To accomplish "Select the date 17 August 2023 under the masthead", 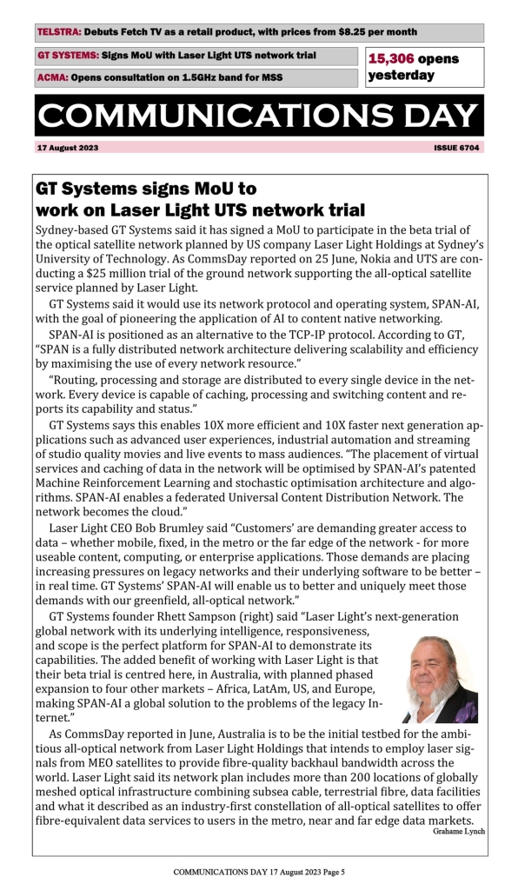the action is pos(68,148).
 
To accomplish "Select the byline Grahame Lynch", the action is pos(458,832).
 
